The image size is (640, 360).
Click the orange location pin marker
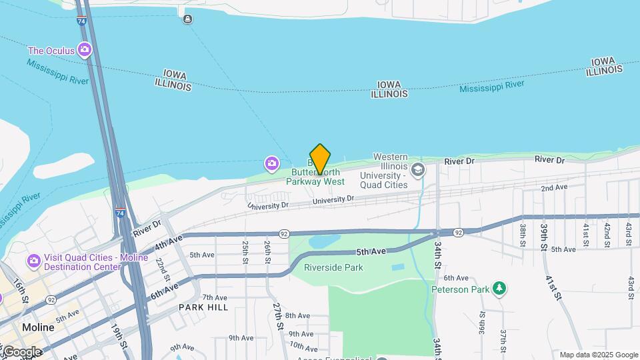pos(320,159)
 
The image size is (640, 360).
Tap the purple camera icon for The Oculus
pos(85,49)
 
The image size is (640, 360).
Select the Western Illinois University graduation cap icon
pos(418,169)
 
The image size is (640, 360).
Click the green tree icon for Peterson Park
pos(499,289)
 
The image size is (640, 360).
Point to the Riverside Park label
pos(333,267)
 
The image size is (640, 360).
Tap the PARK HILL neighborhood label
pos(203,307)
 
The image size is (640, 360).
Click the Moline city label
pos(37,327)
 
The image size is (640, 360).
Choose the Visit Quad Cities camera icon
pos(33,259)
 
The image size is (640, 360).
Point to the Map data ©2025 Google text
pos(599,355)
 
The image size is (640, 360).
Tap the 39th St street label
pos(544,237)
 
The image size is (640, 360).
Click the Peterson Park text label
pos(459,289)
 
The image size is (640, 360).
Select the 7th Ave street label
pos(215,297)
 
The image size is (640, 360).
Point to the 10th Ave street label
pos(303,347)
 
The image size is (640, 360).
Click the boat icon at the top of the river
pos(188,19)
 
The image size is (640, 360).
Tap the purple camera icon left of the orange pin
pos(271,163)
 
